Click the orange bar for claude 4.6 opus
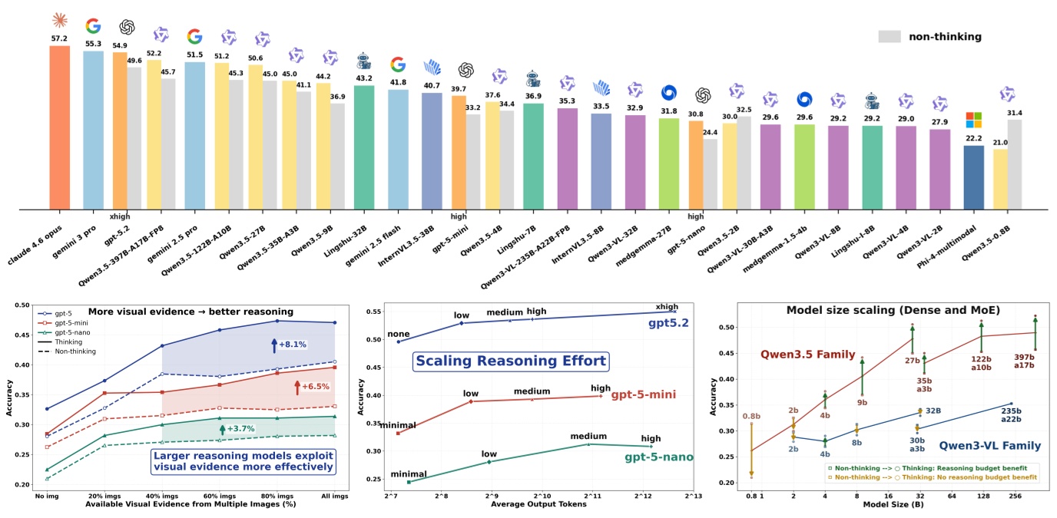60,127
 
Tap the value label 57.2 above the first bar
60,38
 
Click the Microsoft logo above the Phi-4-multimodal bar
973,120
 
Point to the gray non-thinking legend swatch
889,36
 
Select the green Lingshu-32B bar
364,147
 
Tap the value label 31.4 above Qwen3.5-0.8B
1015,112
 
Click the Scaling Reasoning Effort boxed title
511,360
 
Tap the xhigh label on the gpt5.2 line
666,306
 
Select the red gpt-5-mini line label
642,395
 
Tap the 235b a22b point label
1010,416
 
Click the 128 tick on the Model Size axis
980,496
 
